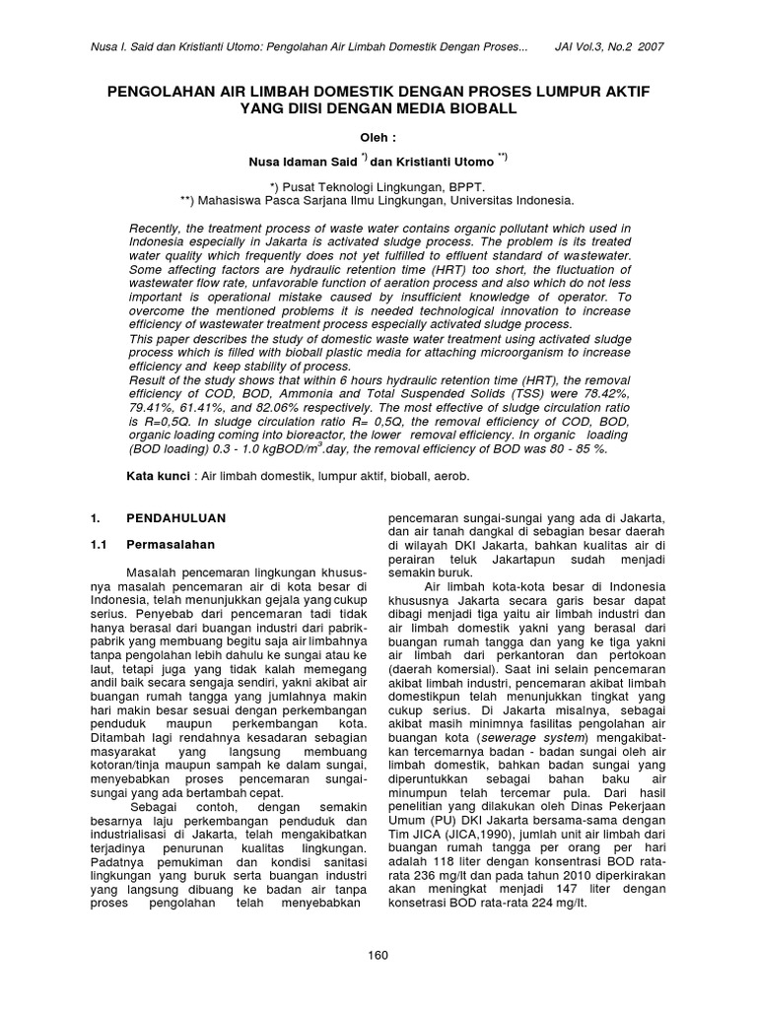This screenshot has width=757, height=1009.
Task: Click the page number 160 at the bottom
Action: (378, 955)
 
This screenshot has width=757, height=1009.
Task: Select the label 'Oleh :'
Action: (378, 138)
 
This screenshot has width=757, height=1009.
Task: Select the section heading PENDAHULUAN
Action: (175, 517)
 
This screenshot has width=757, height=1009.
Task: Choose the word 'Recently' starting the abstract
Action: (158, 229)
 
